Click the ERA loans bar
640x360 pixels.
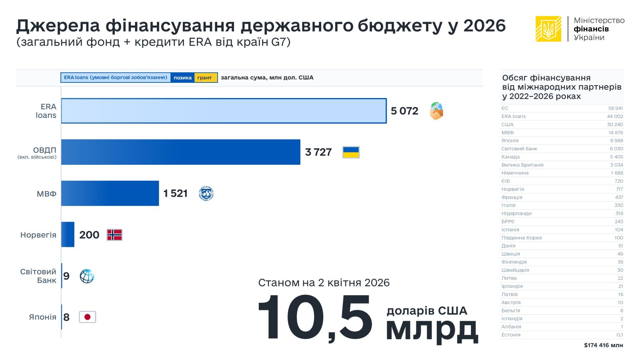tap(224, 111)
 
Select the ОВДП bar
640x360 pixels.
tap(180, 152)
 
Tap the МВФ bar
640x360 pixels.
tap(110, 193)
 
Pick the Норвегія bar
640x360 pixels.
tap(68, 234)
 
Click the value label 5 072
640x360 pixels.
tap(404, 111)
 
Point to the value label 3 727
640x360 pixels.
tap(318, 152)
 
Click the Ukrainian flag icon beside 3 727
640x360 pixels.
tap(351, 152)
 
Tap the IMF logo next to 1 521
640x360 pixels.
tap(206, 194)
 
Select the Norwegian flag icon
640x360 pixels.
tap(114, 235)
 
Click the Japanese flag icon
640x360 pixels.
tap(87, 317)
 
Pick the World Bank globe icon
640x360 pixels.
tap(87, 276)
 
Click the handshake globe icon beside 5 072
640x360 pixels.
tap(436, 111)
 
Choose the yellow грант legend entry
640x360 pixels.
tap(206, 78)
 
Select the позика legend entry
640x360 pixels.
tap(182, 78)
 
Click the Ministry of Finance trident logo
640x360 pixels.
tap(548, 29)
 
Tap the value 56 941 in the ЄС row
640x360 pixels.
tap(616, 108)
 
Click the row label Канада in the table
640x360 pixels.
tap(510, 157)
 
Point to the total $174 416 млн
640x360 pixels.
tap(603, 345)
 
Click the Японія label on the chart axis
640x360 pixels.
tap(42, 317)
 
